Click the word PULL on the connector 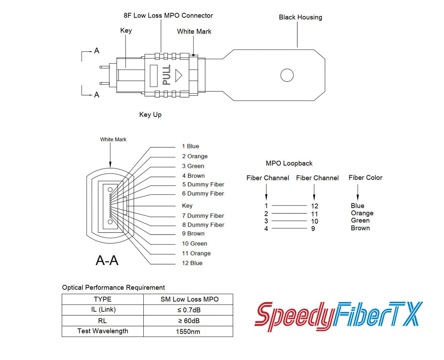click(x=167, y=75)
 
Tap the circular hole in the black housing click(x=287, y=75)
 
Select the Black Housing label click(x=300, y=17)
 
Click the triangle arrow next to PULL click(x=178, y=75)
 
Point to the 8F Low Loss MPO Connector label click(x=168, y=15)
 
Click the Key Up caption click(x=150, y=114)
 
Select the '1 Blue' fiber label click(x=191, y=146)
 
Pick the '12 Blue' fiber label click(x=192, y=263)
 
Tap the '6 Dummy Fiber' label click(x=203, y=194)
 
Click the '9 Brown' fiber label click(x=193, y=234)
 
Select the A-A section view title click(x=107, y=260)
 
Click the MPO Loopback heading click(x=289, y=163)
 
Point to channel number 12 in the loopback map click(x=315, y=206)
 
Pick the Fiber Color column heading click(x=365, y=178)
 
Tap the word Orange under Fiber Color click(x=362, y=213)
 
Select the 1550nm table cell click(x=188, y=332)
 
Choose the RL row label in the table click(x=102, y=321)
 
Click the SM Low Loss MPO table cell click(x=189, y=299)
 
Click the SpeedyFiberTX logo click(x=338, y=316)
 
